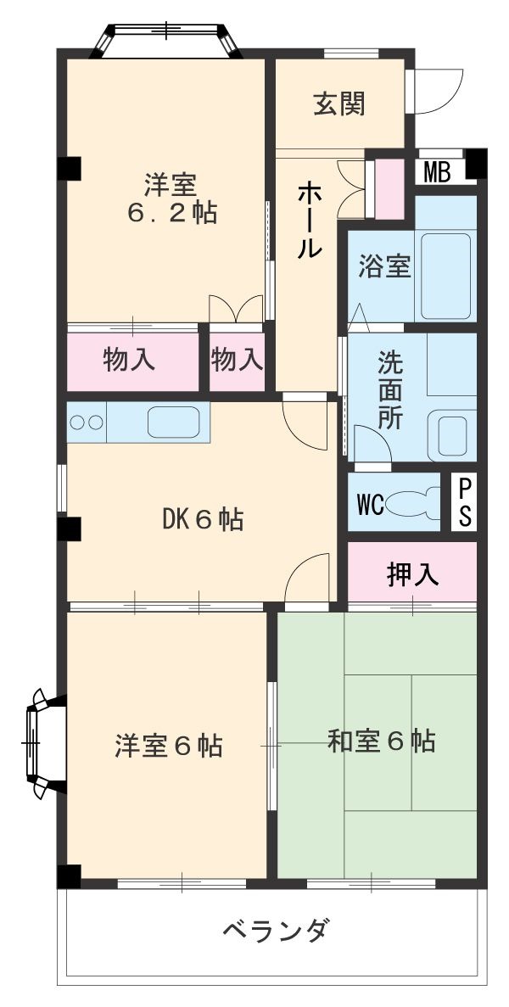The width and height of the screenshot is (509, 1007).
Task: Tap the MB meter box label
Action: pos(437,173)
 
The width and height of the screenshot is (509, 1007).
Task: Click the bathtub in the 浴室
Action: pos(445,275)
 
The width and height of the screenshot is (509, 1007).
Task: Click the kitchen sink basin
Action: pos(176,422)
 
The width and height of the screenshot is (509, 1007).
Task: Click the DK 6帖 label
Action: pos(203,518)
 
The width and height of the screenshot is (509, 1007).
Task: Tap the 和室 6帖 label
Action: pos(381,741)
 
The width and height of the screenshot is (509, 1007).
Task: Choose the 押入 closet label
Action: pos(412,575)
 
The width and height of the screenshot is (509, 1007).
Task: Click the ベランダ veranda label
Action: pos(274,931)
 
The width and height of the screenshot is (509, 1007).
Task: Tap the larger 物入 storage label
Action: pos(129,360)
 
